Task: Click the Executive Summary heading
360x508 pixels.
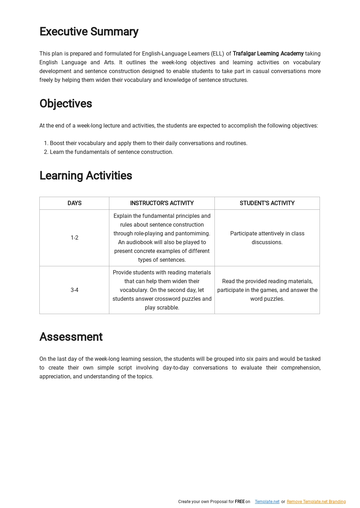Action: click(89, 32)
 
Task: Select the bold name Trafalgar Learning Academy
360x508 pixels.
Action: click(268, 54)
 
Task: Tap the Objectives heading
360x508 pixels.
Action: click(66, 104)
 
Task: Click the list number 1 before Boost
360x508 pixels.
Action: click(46, 143)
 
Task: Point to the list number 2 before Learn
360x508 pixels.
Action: click(46, 152)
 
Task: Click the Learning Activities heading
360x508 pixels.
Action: click(86, 176)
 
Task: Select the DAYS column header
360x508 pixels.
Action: click(75, 203)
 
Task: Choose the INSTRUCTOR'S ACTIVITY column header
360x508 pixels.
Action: click(162, 203)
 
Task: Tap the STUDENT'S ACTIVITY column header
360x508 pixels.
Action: click(267, 203)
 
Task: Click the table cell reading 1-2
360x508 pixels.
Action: click(75, 238)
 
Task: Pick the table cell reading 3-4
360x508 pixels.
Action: click(75, 290)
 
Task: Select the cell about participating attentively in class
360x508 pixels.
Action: click(267, 238)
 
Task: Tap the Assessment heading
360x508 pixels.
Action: click(71, 337)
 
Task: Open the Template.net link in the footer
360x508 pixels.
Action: click(267, 502)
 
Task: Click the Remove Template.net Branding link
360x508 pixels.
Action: click(316, 502)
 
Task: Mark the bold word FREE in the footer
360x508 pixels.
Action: click(239, 502)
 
